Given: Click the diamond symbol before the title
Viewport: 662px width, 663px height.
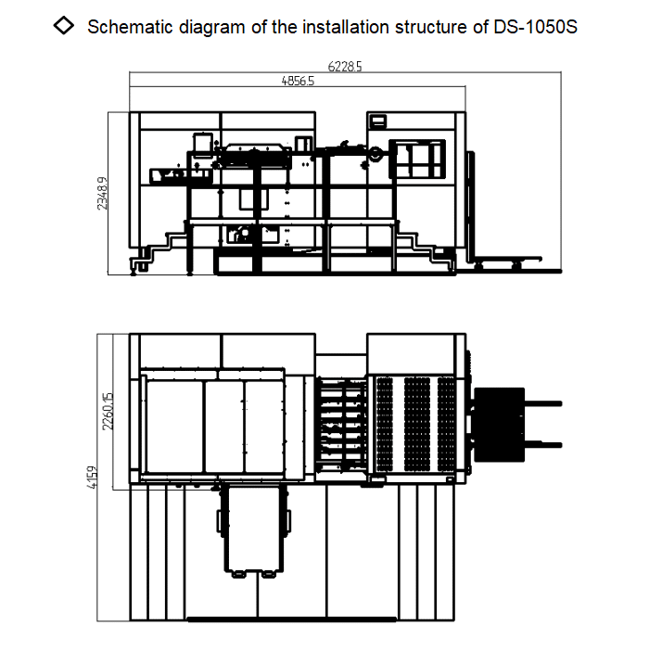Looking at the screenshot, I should point(65,26).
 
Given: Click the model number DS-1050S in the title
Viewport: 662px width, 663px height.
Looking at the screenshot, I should point(537,26).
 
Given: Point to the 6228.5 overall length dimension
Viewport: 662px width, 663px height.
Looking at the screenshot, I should point(345,67).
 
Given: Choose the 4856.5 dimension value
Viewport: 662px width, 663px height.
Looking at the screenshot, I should point(298,81).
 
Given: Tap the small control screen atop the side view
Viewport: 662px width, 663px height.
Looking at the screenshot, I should point(377,121).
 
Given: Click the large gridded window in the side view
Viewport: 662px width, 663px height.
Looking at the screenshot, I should point(416,159).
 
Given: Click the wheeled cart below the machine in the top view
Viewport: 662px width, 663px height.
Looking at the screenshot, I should point(250,529).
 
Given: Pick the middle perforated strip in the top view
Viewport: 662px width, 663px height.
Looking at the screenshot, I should point(414,422).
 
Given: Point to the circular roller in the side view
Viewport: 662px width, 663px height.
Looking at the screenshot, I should point(376,154).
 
